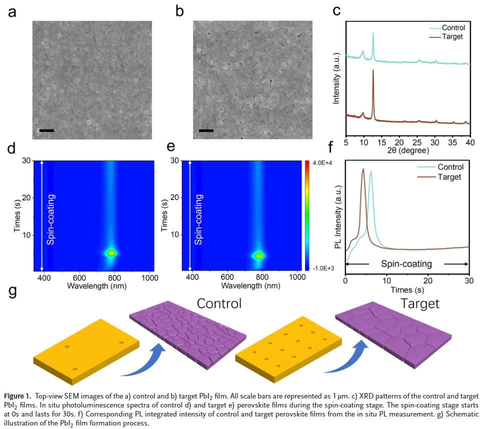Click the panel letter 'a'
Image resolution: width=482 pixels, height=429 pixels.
click(11, 11)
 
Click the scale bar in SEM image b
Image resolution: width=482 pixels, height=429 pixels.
click(206, 131)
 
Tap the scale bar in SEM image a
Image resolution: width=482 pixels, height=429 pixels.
click(46, 131)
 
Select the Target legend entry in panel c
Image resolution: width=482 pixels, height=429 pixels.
click(452, 36)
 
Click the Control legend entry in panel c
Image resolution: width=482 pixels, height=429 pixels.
click(453, 28)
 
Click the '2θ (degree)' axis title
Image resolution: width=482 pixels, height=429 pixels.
click(407, 150)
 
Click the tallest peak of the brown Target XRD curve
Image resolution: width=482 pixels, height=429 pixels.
click(373, 70)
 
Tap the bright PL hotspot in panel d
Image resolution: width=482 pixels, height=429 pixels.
click(111, 253)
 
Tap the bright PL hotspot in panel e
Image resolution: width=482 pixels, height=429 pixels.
click(259, 255)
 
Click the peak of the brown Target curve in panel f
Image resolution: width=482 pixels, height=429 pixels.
click(363, 169)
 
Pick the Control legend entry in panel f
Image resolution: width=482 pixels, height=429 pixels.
click(450, 167)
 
